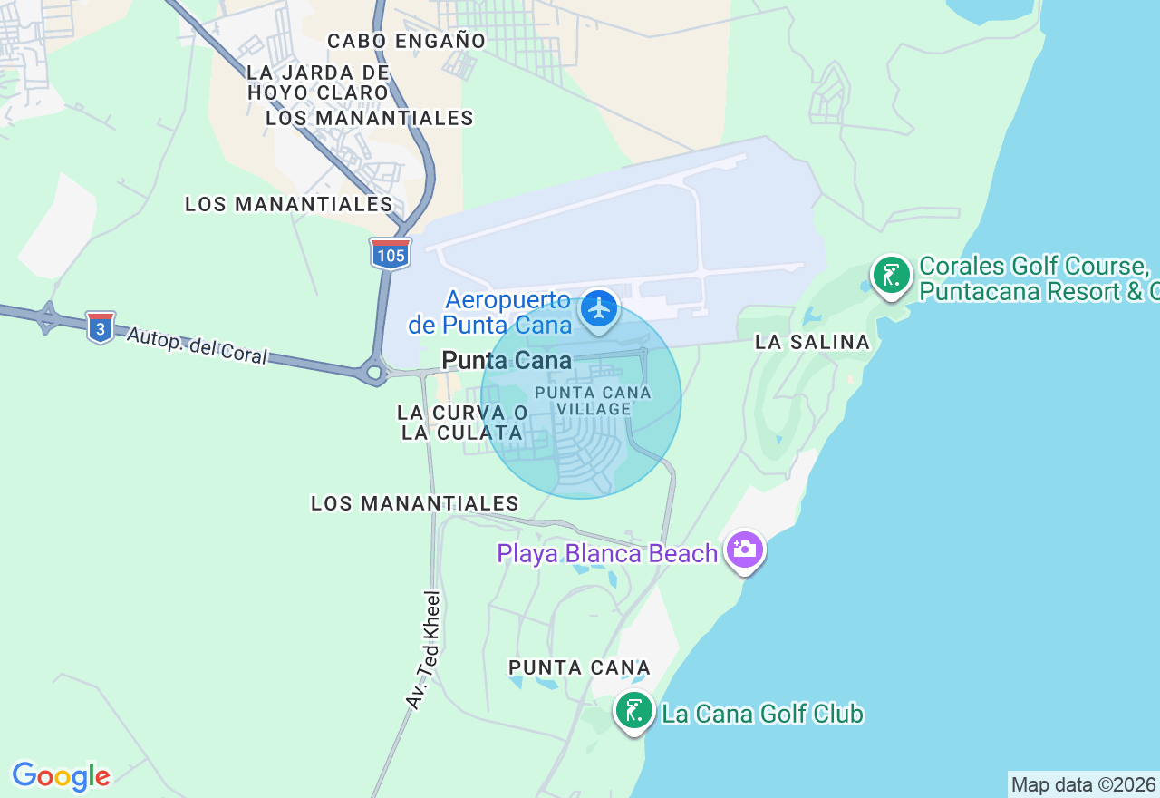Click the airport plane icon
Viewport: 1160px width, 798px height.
pos(599,309)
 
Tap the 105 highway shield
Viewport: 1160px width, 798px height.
pos(391,254)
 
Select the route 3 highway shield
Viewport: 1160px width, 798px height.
pos(101,326)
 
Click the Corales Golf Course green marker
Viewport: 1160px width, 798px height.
pos(892,275)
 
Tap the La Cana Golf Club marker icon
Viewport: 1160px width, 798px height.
pos(634,710)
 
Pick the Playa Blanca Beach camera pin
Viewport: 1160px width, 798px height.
pos(745,550)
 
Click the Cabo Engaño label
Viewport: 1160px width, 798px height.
pos(407,41)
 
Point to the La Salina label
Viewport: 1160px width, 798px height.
pos(813,342)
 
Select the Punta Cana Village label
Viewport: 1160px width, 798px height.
pos(594,401)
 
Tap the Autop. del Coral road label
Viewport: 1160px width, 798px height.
pos(198,345)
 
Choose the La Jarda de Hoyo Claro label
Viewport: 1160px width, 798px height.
pos(318,83)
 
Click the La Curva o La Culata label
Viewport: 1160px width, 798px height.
pos(462,423)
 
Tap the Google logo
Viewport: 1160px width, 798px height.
pos(61,776)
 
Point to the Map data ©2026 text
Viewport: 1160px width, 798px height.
pos(1083,784)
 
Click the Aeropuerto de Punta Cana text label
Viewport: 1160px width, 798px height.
pos(490,312)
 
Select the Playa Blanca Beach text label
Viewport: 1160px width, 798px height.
pos(607,553)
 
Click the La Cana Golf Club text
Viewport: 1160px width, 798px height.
pos(762,715)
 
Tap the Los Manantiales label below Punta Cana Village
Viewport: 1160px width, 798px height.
pos(415,503)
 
